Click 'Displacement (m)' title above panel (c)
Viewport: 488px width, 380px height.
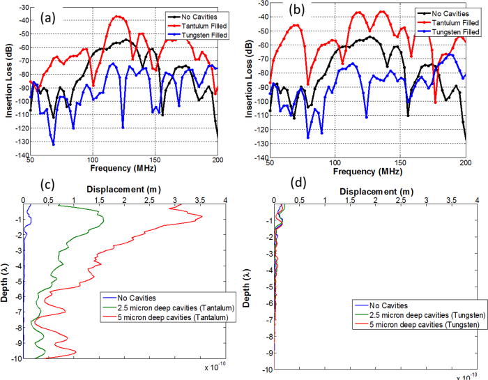pyautogui.click(x=123, y=188)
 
